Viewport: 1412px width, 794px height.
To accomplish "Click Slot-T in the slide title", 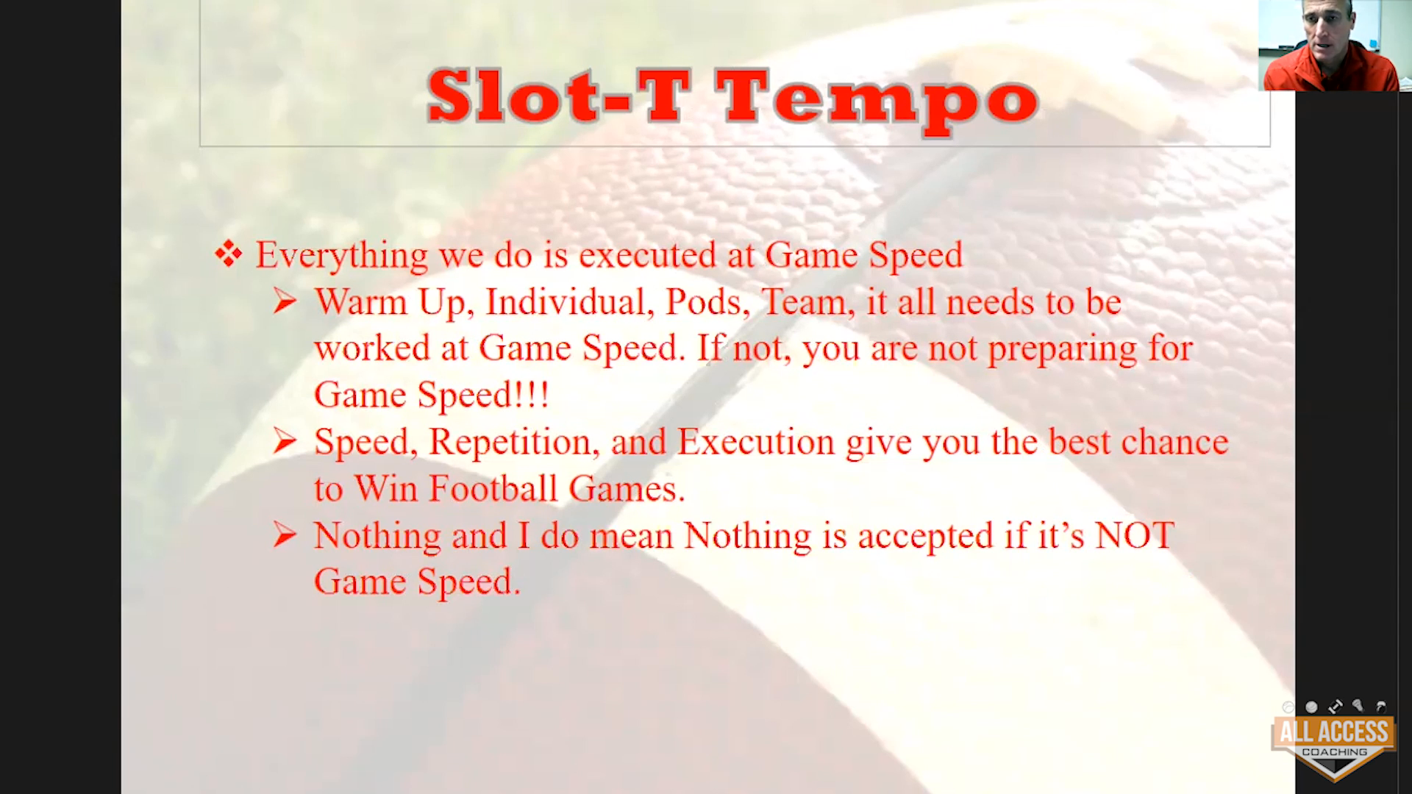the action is (x=558, y=96).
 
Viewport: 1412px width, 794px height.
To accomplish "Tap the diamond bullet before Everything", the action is (x=228, y=254).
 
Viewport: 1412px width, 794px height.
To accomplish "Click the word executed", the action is (x=648, y=255).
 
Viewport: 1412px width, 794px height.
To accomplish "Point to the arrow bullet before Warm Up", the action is (x=285, y=301).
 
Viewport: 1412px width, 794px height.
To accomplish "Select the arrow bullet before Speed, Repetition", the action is (x=285, y=441).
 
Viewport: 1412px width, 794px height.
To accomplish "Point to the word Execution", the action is (x=756, y=442).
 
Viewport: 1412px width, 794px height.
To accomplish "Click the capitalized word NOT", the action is (x=1135, y=536).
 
